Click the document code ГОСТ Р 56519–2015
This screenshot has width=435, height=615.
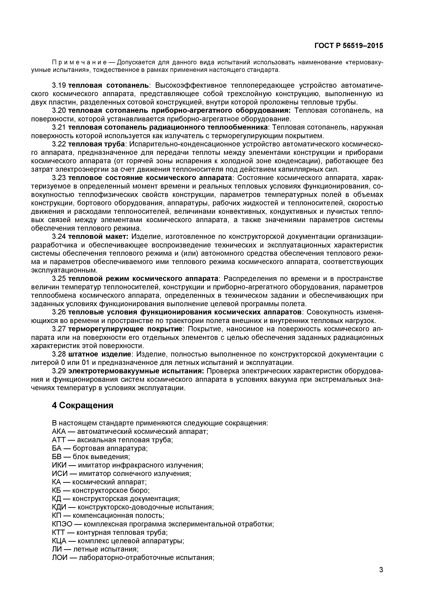point(349,46)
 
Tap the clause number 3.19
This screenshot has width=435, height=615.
point(59,85)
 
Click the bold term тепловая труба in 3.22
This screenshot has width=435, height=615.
point(96,144)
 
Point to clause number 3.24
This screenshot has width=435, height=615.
point(59,237)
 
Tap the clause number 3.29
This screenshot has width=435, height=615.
point(59,371)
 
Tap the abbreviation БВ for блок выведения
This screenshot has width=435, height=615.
point(56,457)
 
